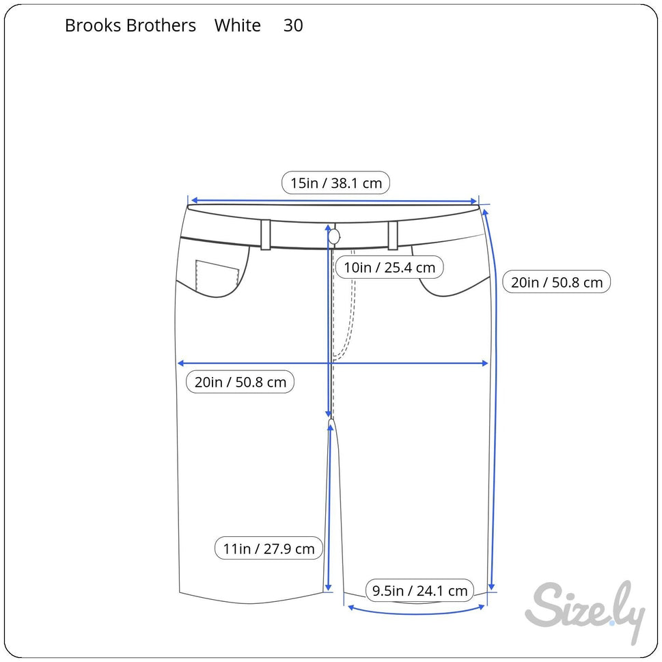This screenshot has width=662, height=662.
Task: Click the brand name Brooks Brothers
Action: (130, 26)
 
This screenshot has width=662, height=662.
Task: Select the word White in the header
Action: (238, 26)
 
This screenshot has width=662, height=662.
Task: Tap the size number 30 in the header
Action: (293, 26)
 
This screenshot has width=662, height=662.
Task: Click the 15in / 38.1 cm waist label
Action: (335, 183)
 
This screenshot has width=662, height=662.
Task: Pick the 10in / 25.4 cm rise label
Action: (389, 267)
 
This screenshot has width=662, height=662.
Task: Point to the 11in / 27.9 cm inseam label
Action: (268, 549)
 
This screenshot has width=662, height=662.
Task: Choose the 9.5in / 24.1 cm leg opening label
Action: (419, 591)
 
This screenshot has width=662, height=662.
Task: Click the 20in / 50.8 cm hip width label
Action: (240, 382)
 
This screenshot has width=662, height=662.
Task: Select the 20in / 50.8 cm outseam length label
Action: (556, 282)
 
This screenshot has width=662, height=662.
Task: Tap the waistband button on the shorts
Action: (334, 236)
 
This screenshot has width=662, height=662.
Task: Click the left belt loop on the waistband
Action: (266, 234)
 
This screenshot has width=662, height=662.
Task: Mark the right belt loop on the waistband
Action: (393, 235)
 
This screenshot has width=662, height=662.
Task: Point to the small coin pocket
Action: (217, 277)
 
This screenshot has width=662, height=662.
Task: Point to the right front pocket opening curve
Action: (451, 290)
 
